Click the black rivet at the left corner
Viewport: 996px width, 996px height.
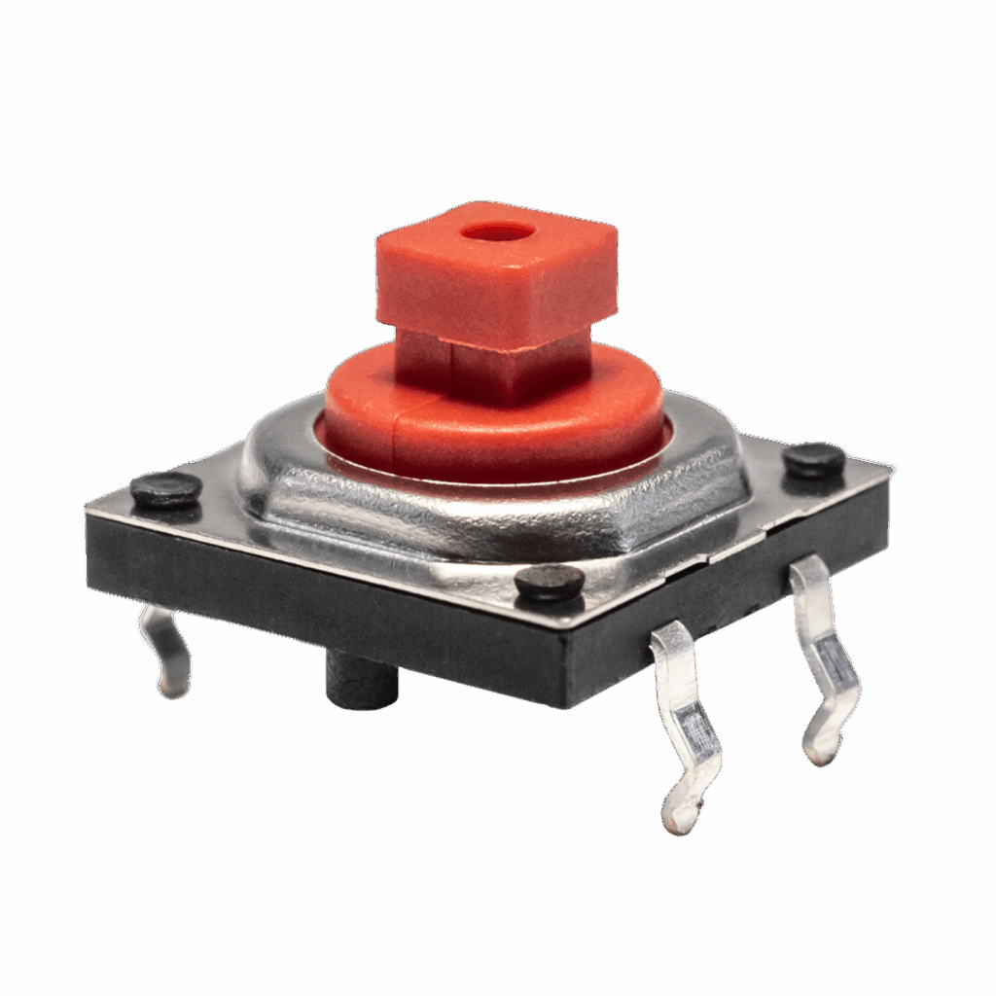tap(166, 488)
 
